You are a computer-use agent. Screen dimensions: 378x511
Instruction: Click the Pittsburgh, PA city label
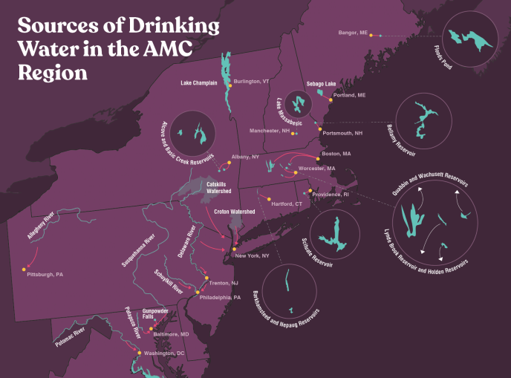pos(45,275)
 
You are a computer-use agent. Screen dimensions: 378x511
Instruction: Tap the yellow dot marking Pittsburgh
pos(25,267)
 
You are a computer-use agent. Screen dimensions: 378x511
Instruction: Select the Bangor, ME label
pos(353,33)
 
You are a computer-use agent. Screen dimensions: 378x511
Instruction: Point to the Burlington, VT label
pos(251,81)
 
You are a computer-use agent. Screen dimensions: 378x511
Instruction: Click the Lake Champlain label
pos(199,83)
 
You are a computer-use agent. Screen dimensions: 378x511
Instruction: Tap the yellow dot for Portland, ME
pos(330,100)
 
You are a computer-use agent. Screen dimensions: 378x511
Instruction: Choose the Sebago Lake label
pos(321,84)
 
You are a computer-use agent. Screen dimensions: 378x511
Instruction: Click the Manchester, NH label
pos(270,131)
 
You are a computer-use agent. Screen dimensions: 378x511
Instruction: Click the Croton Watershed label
pos(235,212)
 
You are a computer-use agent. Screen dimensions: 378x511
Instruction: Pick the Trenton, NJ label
pos(224,284)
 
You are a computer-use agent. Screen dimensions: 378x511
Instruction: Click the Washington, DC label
pos(164,353)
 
